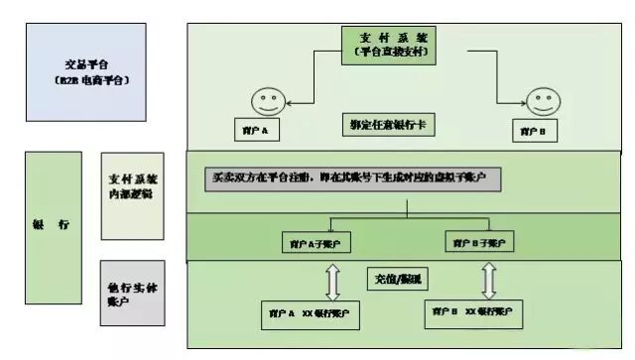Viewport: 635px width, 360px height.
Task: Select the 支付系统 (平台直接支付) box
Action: [389, 46]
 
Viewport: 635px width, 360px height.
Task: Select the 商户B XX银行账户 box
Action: [475, 312]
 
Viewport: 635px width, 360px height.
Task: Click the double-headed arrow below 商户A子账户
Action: [333, 280]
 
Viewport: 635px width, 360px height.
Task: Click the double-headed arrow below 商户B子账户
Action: [488, 280]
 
